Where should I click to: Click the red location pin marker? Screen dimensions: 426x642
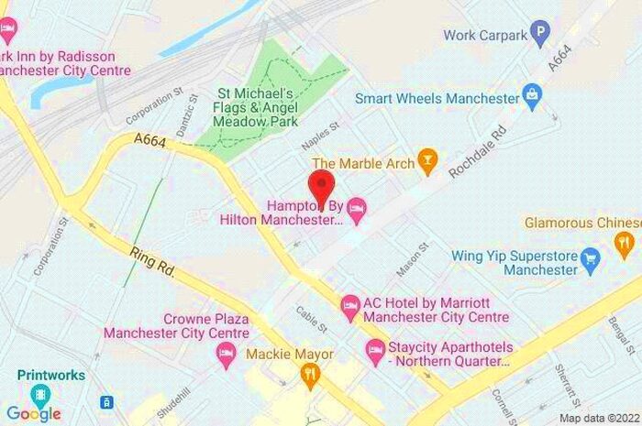[x=320, y=186]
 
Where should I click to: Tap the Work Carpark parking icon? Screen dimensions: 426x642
[x=541, y=36]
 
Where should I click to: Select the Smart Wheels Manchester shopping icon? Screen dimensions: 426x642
[x=530, y=94]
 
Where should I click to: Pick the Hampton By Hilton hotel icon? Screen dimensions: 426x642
[x=357, y=209]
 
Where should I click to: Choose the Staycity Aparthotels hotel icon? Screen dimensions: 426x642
[x=375, y=350]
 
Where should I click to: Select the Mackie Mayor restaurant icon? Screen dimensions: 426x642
[x=310, y=374]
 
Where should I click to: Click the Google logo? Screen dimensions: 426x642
[x=33, y=413]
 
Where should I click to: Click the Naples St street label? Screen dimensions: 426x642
[x=321, y=138]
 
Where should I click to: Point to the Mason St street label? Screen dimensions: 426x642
[x=412, y=260]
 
